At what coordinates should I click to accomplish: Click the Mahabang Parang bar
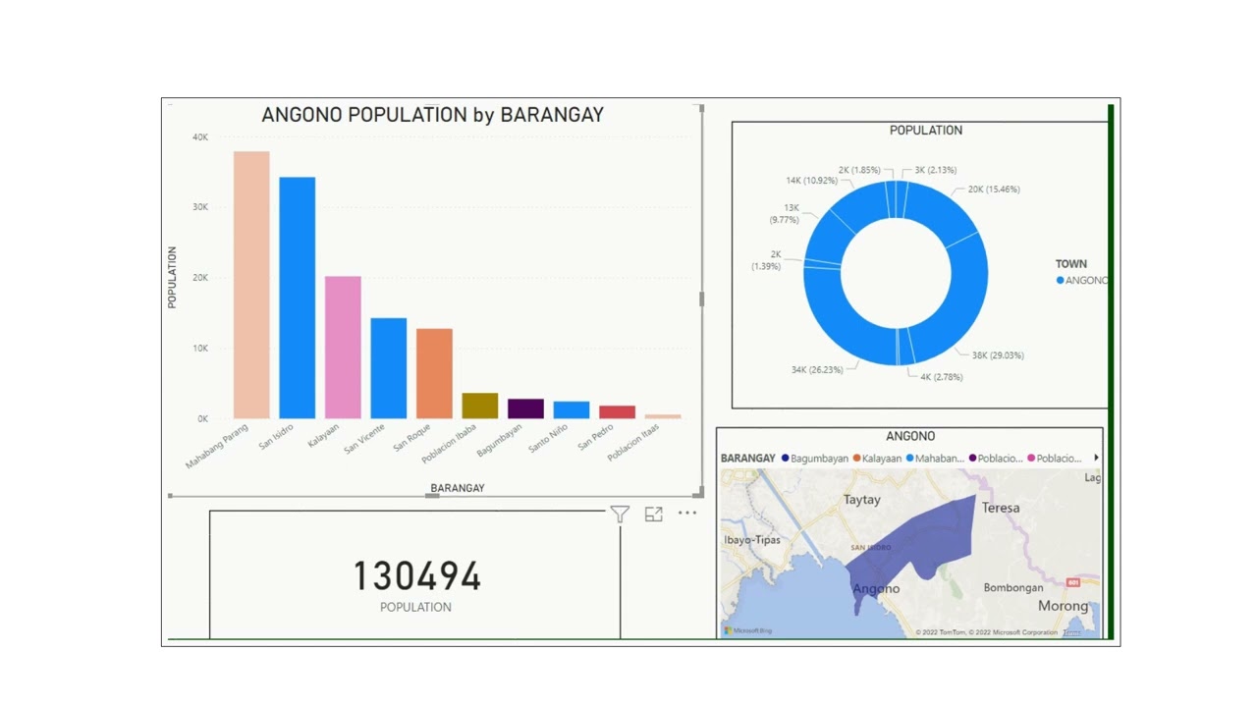tap(251, 285)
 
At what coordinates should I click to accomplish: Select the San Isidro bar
tap(297, 298)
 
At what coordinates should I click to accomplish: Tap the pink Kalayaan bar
tap(343, 348)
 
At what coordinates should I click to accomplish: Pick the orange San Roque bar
tap(434, 373)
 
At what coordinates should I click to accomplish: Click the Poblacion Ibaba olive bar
tap(479, 406)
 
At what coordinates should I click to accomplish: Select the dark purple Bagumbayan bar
tap(525, 408)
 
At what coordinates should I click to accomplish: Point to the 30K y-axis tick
tap(200, 207)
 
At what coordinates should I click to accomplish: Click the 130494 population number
tap(416, 576)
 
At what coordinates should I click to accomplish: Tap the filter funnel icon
tap(620, 514)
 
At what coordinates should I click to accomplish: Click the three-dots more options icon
tap(686, 513)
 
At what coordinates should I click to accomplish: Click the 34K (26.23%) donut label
tap(817, 370)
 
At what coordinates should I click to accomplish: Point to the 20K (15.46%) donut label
tap(994, 190)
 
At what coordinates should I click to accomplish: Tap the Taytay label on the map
tap(862, 500)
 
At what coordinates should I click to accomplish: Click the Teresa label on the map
tap(1001, 509)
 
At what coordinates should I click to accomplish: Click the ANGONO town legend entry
tap(1083, 281)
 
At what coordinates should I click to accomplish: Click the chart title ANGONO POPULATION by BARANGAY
tap(432, 115)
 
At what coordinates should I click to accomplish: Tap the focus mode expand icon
tap(653, 514)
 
